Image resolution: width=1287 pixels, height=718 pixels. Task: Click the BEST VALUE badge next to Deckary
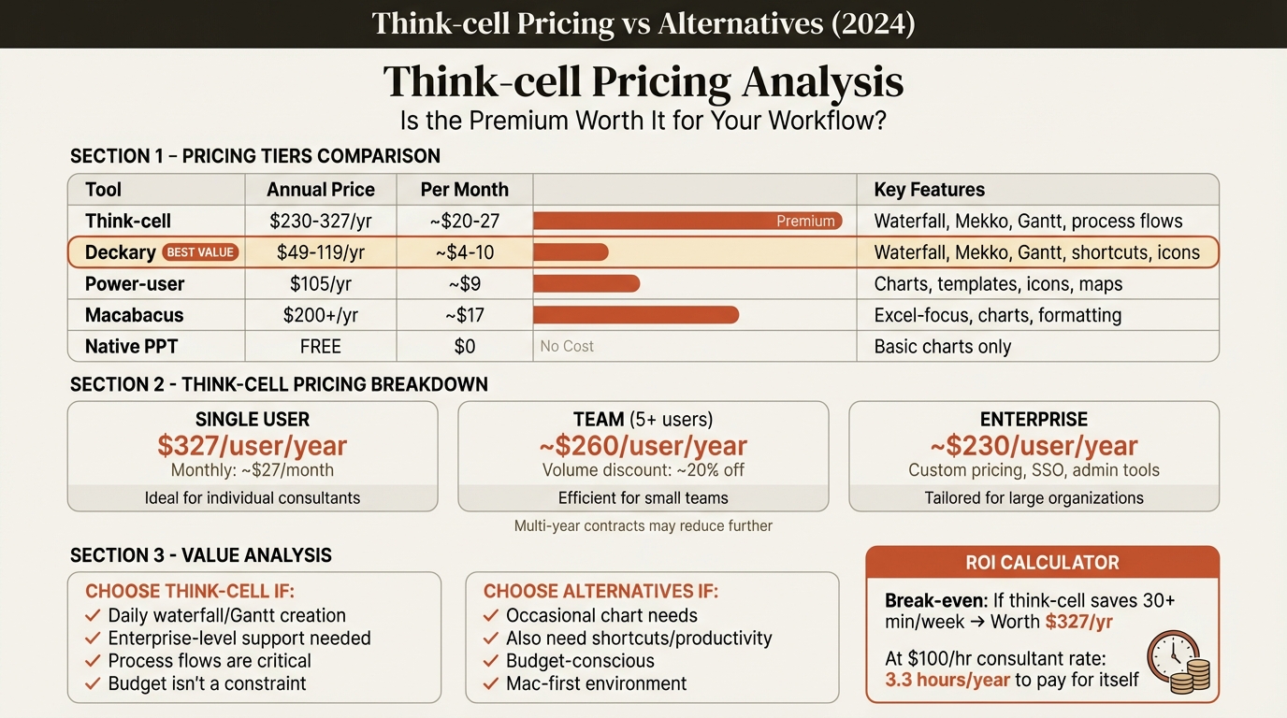pos(201,252)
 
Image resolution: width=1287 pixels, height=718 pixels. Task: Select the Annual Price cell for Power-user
pos(321,284)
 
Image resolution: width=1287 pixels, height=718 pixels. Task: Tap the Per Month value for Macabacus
pos(464,315)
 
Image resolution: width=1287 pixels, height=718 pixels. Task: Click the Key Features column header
pos(929,190)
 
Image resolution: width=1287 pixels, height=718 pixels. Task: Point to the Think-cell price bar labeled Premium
pos(687,222)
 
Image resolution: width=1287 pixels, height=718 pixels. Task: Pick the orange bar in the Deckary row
pos(571,252)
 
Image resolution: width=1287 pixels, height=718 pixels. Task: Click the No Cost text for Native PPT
pos(567,346)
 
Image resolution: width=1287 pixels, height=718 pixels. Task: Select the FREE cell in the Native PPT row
pos(321,346)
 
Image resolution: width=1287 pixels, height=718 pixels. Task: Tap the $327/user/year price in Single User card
pos(252,446)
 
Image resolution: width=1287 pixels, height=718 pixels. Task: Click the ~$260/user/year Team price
pos(643,446)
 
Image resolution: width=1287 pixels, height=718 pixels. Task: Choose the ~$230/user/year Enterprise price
pos(1034,446)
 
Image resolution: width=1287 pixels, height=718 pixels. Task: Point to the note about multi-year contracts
pos(643,525)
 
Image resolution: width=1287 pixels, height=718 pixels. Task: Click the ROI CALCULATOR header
pos(1042,563)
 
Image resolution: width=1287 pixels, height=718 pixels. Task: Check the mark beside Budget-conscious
pos(491,661)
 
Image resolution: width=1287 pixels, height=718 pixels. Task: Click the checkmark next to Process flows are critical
pos(93,661)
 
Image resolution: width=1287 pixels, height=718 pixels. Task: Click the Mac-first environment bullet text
pos(596,683)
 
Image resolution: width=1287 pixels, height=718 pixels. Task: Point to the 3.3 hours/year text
pos(947,680)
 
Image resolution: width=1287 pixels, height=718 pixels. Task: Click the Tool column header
pos(104,190)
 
